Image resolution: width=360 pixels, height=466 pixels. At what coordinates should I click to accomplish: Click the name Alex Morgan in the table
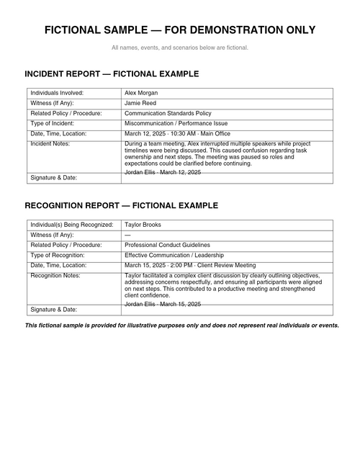coord(141,93)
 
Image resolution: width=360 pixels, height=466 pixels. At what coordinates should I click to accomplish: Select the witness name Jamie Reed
coord(140,103)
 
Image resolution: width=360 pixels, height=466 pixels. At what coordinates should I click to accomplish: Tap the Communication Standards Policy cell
coord(168,113)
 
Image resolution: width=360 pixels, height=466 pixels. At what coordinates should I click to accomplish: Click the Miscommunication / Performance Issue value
coord(176,123)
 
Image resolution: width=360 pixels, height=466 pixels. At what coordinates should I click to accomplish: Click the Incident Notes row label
coord(49,143)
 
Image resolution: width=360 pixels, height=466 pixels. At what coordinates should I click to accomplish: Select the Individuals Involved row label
coord(57,93)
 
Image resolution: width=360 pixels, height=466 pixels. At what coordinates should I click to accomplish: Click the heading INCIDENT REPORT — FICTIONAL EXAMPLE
coord(112,73)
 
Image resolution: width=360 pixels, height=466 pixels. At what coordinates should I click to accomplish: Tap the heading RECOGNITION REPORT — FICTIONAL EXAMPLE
coord(121,205)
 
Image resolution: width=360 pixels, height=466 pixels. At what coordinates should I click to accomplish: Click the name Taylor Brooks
coord(143,225)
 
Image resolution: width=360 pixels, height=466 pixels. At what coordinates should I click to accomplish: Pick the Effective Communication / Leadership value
coord(174,255)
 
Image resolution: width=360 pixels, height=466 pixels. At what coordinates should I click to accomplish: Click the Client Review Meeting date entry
coord(190,265)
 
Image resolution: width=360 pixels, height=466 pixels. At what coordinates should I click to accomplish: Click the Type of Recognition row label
coord(58,255)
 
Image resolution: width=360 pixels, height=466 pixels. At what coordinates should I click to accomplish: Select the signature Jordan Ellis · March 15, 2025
coord(163,305)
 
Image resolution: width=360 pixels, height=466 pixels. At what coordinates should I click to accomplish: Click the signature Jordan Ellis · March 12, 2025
coord(163,173)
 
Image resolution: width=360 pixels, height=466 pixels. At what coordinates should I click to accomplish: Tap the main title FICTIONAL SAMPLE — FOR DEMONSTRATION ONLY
coord(180,30)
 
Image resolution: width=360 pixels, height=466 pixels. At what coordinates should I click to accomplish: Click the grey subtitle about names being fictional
coord(180,48)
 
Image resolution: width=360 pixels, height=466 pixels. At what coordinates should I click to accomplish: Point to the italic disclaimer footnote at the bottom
coord(181,326)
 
